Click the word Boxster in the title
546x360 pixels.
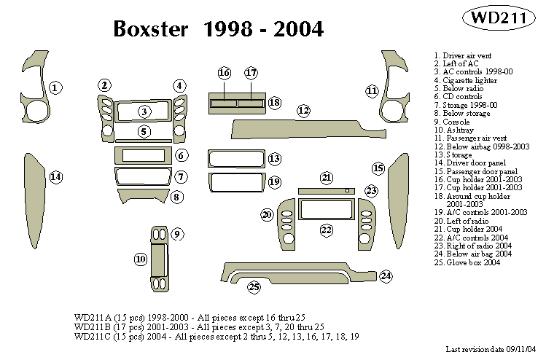coord(153,29)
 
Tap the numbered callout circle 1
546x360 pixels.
coord(55,88)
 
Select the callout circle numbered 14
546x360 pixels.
coord(55,177)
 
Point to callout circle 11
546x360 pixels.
coord(373,91)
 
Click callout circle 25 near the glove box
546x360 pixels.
coord(254,286)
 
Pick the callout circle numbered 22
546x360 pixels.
coord(327,230)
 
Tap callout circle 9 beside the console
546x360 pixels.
coord(177,234)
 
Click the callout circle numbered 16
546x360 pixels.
coord(225,73)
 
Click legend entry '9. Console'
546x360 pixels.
coord(452,122)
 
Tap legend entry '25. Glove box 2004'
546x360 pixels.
coord(467,262)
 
